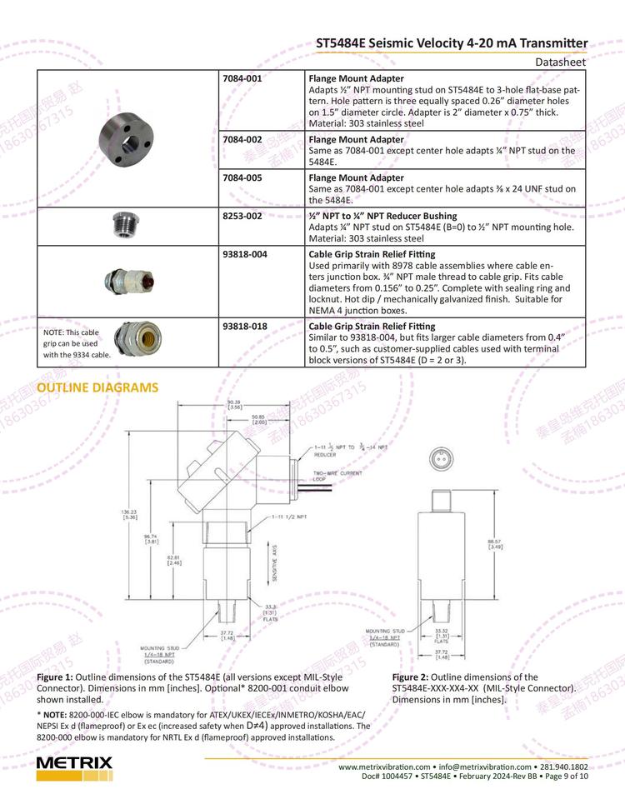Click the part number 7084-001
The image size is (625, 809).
[242, 78]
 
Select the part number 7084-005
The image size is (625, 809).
[242, 177]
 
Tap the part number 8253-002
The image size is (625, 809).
[242, 216]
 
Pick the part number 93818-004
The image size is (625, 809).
[245, 254]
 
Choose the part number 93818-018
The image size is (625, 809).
[245, 326]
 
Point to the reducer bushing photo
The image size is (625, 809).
[126, 225]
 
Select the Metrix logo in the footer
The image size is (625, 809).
[74, 767]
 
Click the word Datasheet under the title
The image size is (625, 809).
[561, 62]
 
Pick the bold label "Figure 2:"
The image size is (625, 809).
[411, 677]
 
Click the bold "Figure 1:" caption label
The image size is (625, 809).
[55, 677]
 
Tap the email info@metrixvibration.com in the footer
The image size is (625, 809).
[485, 767]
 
